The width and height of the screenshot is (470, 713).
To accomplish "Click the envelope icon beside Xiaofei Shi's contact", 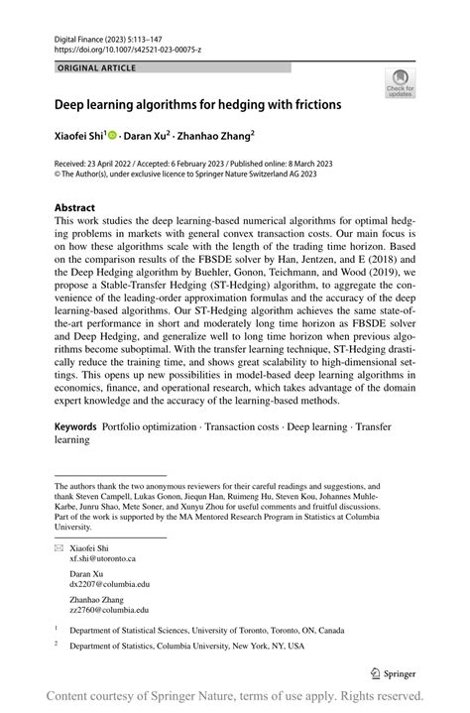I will point(59,547).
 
